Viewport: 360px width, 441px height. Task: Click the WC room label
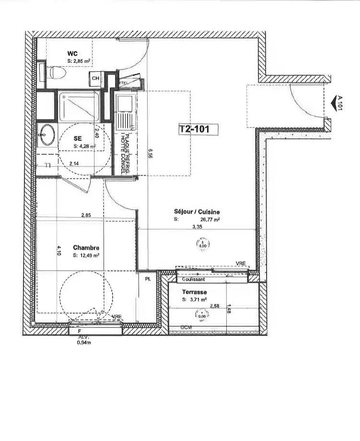coord(72,53)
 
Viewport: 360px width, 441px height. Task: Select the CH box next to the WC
coord(95,78)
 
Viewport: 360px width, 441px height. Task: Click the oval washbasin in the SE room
coord(46,135)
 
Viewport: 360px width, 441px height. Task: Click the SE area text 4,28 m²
coord(84,146)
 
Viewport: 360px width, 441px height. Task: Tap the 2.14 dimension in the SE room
coord(74,164)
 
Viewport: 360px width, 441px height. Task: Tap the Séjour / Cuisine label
coord(197,211)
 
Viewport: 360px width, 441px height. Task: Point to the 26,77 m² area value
coord(210,219)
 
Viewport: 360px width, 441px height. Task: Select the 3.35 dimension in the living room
coord(197,226)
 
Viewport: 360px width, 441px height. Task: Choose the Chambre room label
coord(86,248)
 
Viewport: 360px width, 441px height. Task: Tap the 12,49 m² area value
coord(86,256)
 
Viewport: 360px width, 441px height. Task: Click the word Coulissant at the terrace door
coord(194,279)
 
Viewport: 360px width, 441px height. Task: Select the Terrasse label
coord(194,292)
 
